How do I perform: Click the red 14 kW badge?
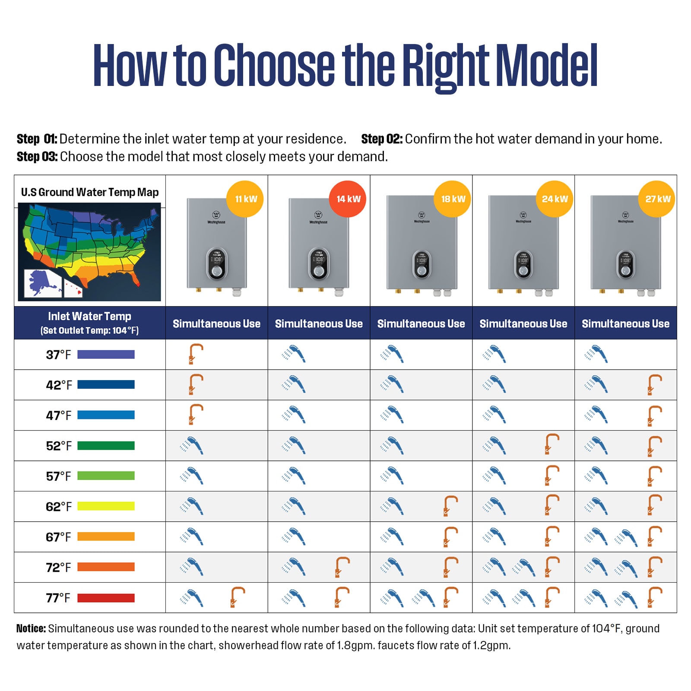(347, 199)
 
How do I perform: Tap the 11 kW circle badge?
(245, 199)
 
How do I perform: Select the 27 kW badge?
(657, 199)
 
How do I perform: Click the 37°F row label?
(58, 355)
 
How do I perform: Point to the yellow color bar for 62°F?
(106, 506)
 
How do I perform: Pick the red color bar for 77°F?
(106, 598)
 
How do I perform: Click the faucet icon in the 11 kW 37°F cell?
(195, 354)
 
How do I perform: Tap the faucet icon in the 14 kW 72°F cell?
(342, 567)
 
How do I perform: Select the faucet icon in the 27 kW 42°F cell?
(654, 384)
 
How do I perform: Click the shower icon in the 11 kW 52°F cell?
(191, 445)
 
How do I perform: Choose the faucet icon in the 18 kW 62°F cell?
(450, 506)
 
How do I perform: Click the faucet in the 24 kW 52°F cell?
(552, 444)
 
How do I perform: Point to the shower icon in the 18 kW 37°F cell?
(392, 354)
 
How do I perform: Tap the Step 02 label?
(381, 139)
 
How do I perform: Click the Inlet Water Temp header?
(89, 316)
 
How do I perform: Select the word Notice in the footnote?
(31, 628)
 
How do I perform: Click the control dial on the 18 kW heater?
(422, 270)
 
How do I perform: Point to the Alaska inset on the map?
(42, 283)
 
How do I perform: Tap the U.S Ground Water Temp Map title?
(90, 192)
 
